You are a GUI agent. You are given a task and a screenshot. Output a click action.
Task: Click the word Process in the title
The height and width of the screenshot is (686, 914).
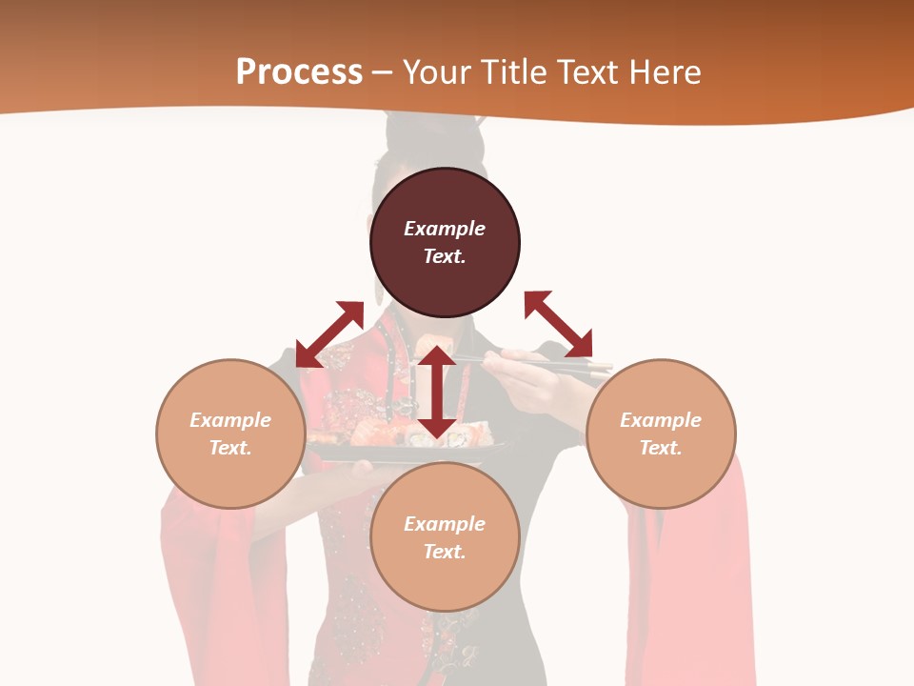point(299,72)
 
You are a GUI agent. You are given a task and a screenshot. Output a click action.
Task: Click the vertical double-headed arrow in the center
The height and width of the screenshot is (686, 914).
point(437,392)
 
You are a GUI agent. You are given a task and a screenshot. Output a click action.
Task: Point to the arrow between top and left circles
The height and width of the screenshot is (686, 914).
point(329,333)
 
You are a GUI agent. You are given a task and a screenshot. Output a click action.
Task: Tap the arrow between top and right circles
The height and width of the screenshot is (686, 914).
point(558,324)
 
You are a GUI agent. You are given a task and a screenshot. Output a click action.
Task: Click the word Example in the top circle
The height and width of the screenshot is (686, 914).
point(445,229)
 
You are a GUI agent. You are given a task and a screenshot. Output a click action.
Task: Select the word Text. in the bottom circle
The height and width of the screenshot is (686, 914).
point(445,552)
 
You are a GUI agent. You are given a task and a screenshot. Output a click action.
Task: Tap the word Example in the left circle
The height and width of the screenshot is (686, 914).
point(230,420)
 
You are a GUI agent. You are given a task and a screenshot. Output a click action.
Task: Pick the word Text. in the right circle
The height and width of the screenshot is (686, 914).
point(661,448)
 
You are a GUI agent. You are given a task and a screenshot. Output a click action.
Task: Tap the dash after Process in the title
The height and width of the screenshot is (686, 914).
point(382,72)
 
